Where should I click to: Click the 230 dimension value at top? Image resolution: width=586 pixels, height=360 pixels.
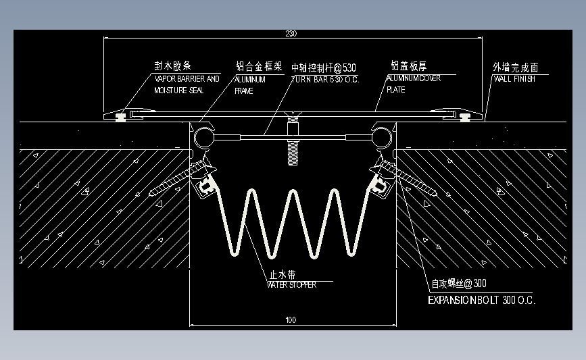pyautogui.click(x=291, y=33)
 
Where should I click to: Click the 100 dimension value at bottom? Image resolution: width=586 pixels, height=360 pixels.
pyautogui.click(x=291, y=319)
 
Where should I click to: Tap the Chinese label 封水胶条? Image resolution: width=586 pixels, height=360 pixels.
pyautogui.click(x=173, y=66)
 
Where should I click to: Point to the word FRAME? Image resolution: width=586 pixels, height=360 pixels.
pyautogui.click(x=243, y=91)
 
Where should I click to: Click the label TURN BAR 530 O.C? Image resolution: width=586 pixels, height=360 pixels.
pyautogui.click(x=325, y=80)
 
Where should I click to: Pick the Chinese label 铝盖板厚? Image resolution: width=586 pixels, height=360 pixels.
pyautogui.click(x=408, y=66)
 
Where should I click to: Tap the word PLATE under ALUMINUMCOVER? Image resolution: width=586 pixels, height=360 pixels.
pyautogui.click(x=396, y=90)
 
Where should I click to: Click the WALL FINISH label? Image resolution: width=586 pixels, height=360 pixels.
pyautogui.click(x=514, y=79)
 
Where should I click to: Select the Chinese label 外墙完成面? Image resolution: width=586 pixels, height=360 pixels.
pyautogui.click(x=516, y=68)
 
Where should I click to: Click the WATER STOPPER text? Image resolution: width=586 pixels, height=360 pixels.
pyautogui.click(x=291, y=285)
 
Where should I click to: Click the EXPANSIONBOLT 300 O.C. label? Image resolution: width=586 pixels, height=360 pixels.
pyautogui.click(x=482, y=300)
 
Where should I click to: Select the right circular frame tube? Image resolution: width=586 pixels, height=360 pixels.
pyautogui.click(x=381, y=138)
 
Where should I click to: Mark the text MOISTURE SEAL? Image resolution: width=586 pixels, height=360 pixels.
pyautogui.click(x=178, y=91)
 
